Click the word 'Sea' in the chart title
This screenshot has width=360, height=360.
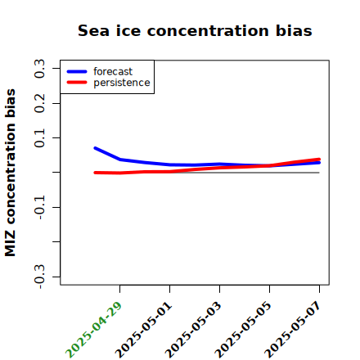coord(93,30)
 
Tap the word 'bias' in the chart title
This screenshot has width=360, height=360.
coord(294,30)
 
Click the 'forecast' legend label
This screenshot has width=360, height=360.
coord(113,71)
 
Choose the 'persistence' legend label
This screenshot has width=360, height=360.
coord(122,83)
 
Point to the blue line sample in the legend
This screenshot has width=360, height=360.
coord(77,71)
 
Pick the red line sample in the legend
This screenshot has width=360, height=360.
coord(77,83)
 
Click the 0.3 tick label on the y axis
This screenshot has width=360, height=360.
coord(39,69)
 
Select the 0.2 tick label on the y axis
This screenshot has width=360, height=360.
coord(39,103)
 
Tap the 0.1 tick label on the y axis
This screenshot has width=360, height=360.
coord(39,138)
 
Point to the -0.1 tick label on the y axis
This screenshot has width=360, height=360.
coord(39,208)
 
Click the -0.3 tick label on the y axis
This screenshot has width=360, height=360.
coord(39,277)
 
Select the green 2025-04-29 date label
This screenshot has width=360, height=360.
coord(93,330)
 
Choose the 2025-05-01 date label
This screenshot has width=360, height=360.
coord(143,330)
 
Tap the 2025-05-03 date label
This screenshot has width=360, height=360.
coord(193,330)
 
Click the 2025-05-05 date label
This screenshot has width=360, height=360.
coord(243,330)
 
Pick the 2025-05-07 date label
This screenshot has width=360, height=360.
coord(293,330)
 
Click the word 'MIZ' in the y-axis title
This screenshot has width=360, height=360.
coord(10,244)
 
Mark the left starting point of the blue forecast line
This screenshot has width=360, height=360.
coord(95,148)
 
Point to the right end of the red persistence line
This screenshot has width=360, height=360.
coord(319,160)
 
